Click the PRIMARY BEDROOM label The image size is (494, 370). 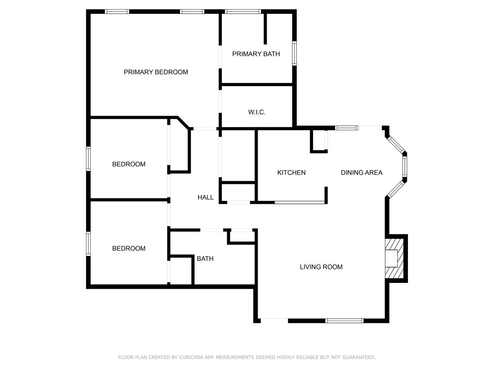156,72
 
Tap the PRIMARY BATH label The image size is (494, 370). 256,54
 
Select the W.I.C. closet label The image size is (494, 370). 257,112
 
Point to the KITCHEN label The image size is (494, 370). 291,173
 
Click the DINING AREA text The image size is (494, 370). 362,173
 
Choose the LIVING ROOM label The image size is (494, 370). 321,267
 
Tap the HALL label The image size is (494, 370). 205,197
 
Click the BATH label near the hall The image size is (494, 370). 205,259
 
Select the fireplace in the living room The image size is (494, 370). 394,258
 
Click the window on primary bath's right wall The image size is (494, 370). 294,53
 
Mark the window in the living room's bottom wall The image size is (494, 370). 344,321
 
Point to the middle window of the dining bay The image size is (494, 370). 404,166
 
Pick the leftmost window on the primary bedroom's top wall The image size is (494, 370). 117,12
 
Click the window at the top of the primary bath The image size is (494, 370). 243,12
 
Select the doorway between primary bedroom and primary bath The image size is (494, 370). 220,57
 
